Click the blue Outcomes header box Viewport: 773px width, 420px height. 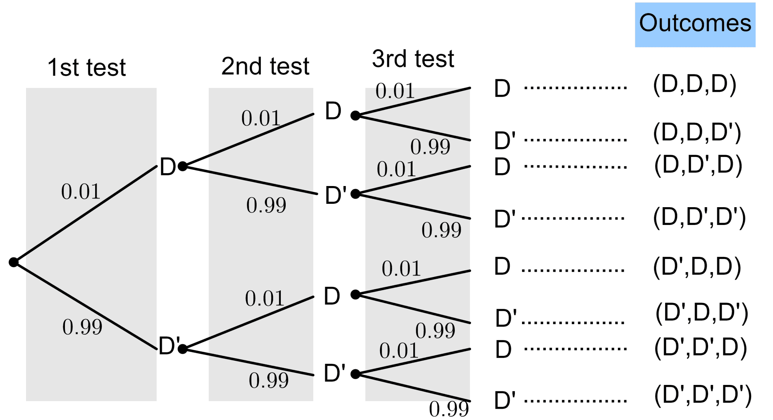[x=695, y=25]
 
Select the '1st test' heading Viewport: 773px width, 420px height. [x=86, y=68]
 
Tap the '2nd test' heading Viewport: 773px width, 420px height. [x=265, y=66]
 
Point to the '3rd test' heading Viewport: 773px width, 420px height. [x=413, y=59]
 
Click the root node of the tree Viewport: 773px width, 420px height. [x=14, y=262]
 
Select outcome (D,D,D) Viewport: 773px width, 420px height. [x=694, y=84]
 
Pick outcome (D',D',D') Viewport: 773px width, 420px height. [x=703, y=395]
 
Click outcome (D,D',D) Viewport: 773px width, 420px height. [x=698, y=165]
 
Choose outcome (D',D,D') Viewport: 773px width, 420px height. [x=702, y=313]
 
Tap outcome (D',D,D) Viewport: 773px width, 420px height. [x=697, y=266]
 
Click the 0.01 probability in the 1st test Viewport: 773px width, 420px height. [x=80, y=191]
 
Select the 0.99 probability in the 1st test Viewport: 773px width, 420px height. [x=82, y=327]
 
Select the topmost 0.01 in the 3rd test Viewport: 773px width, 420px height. [x=395, y=91]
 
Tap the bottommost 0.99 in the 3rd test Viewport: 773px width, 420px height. [x=449, y=409]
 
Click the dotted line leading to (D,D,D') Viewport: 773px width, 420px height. [x=575, y=140]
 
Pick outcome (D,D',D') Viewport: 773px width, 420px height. [x=699, y=217]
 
